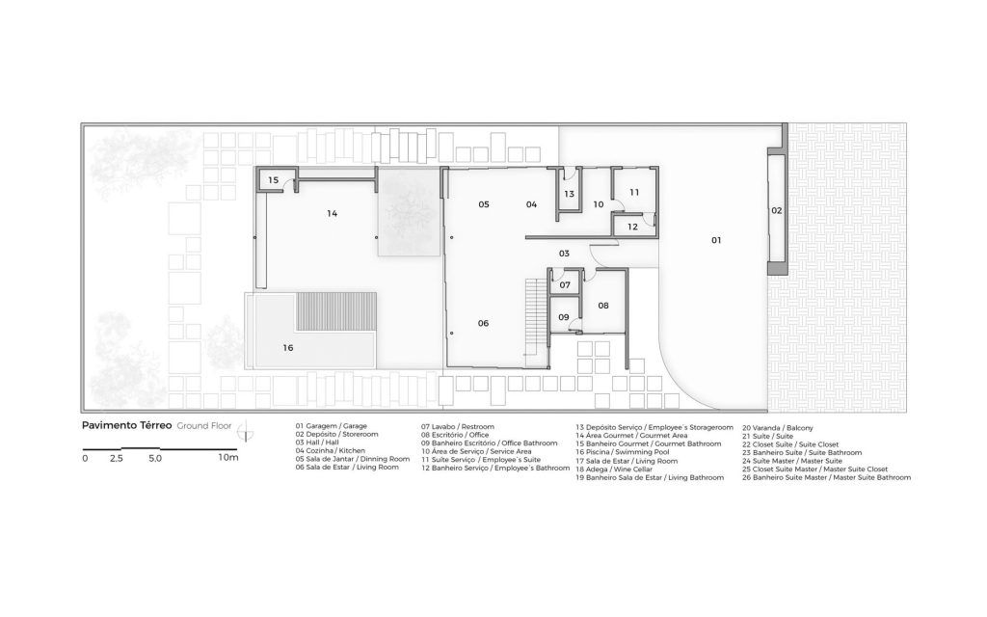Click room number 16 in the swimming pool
(x=287, y=347)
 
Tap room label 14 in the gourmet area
(x=332, y=213)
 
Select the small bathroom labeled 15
(x=273, y=180)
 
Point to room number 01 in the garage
(x=716, y=240)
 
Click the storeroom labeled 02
(x=776, y=210)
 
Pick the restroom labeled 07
(x=565, y=285)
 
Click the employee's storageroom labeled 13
(x=569, y=193)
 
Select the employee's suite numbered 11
(x=634, y=192)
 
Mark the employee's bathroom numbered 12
(x=632, y=226)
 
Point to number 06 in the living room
(x=483, y=323)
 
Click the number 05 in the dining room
(x=484, y=204)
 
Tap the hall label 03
(x=564, y=254)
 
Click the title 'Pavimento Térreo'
(x=126, y=425)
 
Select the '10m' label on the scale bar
(x=228, y=458)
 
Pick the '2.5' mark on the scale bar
(x=117, y=458)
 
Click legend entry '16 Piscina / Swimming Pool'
(x=623, y=452)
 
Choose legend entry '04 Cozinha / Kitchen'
(x=330, y=451)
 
